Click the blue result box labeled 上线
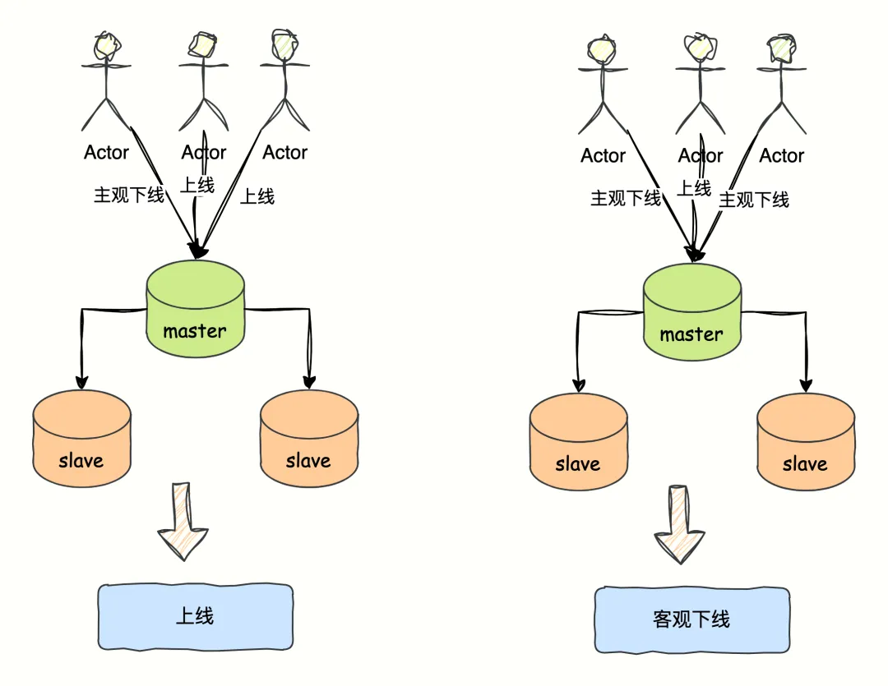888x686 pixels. pyautogui.click(x=195, y=616)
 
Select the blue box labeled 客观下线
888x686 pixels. pyautogui.click(x=691, y=619)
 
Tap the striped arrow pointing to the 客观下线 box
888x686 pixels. pyautogui.click(x=680, y=526)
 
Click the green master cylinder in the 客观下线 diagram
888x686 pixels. pyautogui.click(x=691, y=312)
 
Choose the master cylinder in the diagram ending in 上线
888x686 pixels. pyautogui.click(x=195, y=309)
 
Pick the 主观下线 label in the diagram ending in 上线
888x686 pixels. pyautogui.click(x=129, y=196)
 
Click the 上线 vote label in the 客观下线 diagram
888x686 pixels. pyautogui.click(x=694, y=189)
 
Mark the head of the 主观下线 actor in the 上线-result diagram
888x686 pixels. pyautogui.click(x=107, y=46)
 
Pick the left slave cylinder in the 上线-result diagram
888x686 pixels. pyautogui.click(x=81, y=439)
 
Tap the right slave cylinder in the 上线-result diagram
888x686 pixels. pyautogui.click(x=308, y=439)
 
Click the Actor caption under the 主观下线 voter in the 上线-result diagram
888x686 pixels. pyautogui.click(x=107, y=153)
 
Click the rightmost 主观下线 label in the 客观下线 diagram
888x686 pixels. pyautogui.click(x=754, y=200)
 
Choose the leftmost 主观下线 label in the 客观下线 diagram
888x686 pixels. pyautogui.click(x=626, y=199)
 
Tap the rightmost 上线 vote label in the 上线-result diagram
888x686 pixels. pyautogui.click(x=257, y=196)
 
